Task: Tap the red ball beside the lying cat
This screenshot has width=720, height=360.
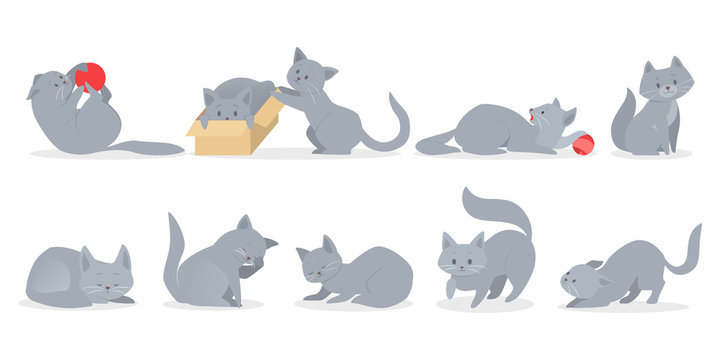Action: click(583, 143)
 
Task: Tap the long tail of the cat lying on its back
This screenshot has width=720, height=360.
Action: click(145, 147)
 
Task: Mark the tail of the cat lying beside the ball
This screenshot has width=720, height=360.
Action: click(435, 141)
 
